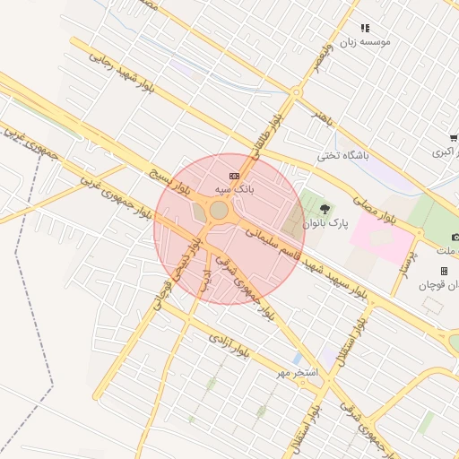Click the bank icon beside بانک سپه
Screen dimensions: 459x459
234,176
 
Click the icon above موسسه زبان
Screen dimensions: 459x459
365,29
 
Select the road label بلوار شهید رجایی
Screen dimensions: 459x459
125,69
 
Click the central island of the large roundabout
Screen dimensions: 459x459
219,210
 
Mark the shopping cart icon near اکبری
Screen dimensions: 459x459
454,138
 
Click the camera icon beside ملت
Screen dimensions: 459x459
455,237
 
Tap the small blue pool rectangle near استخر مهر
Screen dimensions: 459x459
297,358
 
